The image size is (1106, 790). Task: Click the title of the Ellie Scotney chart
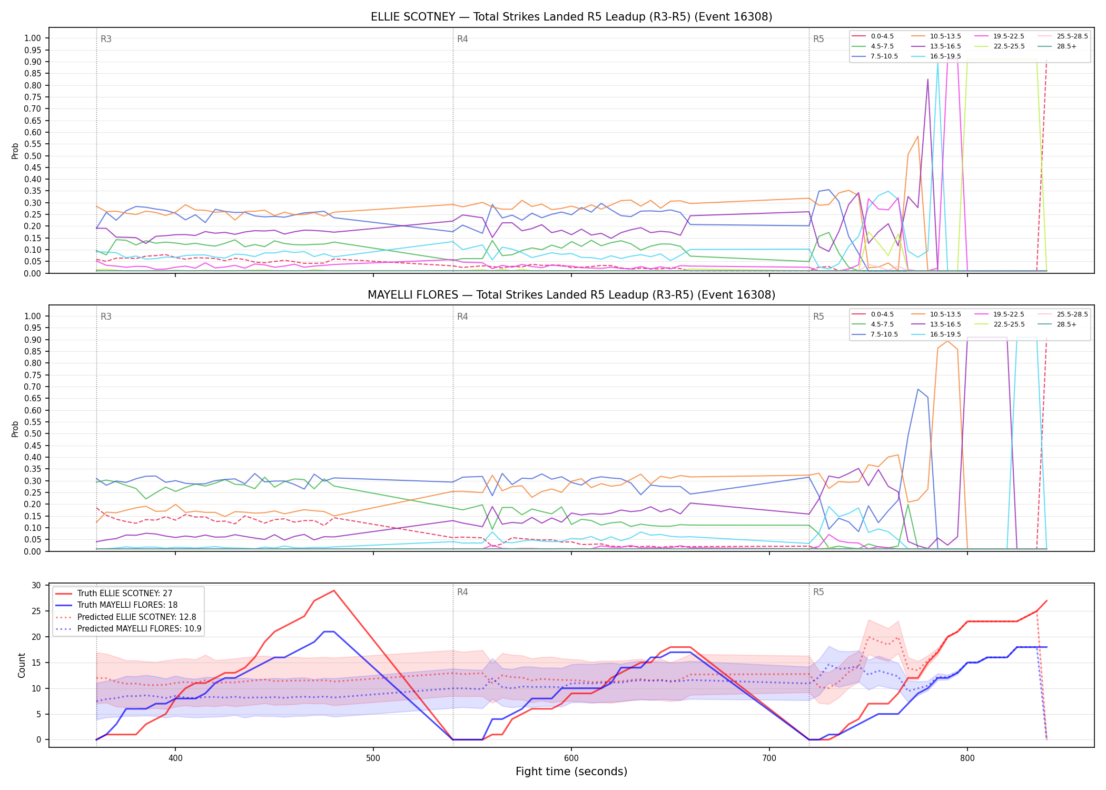coord(571,17)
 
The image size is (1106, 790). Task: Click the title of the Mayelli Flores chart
coord(571,295)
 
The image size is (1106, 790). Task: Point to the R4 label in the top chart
coord(462,39)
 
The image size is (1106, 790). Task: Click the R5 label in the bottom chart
coord(818,592)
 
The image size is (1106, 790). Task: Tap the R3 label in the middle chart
coord(106,317)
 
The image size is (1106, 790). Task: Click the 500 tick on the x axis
coord(373,758)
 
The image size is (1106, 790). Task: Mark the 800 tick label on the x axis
coord(967,758)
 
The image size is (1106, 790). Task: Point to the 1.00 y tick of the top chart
coord(33,38)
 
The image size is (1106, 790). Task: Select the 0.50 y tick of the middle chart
coord(33,434)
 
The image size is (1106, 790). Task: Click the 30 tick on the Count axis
coord(36,586)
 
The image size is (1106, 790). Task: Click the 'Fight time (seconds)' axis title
coord(571,772)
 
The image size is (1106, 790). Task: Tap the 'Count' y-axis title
coord(22,665)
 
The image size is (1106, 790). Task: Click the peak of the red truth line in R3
coord(333,590)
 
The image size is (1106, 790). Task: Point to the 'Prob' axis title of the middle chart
coord(15,429)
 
